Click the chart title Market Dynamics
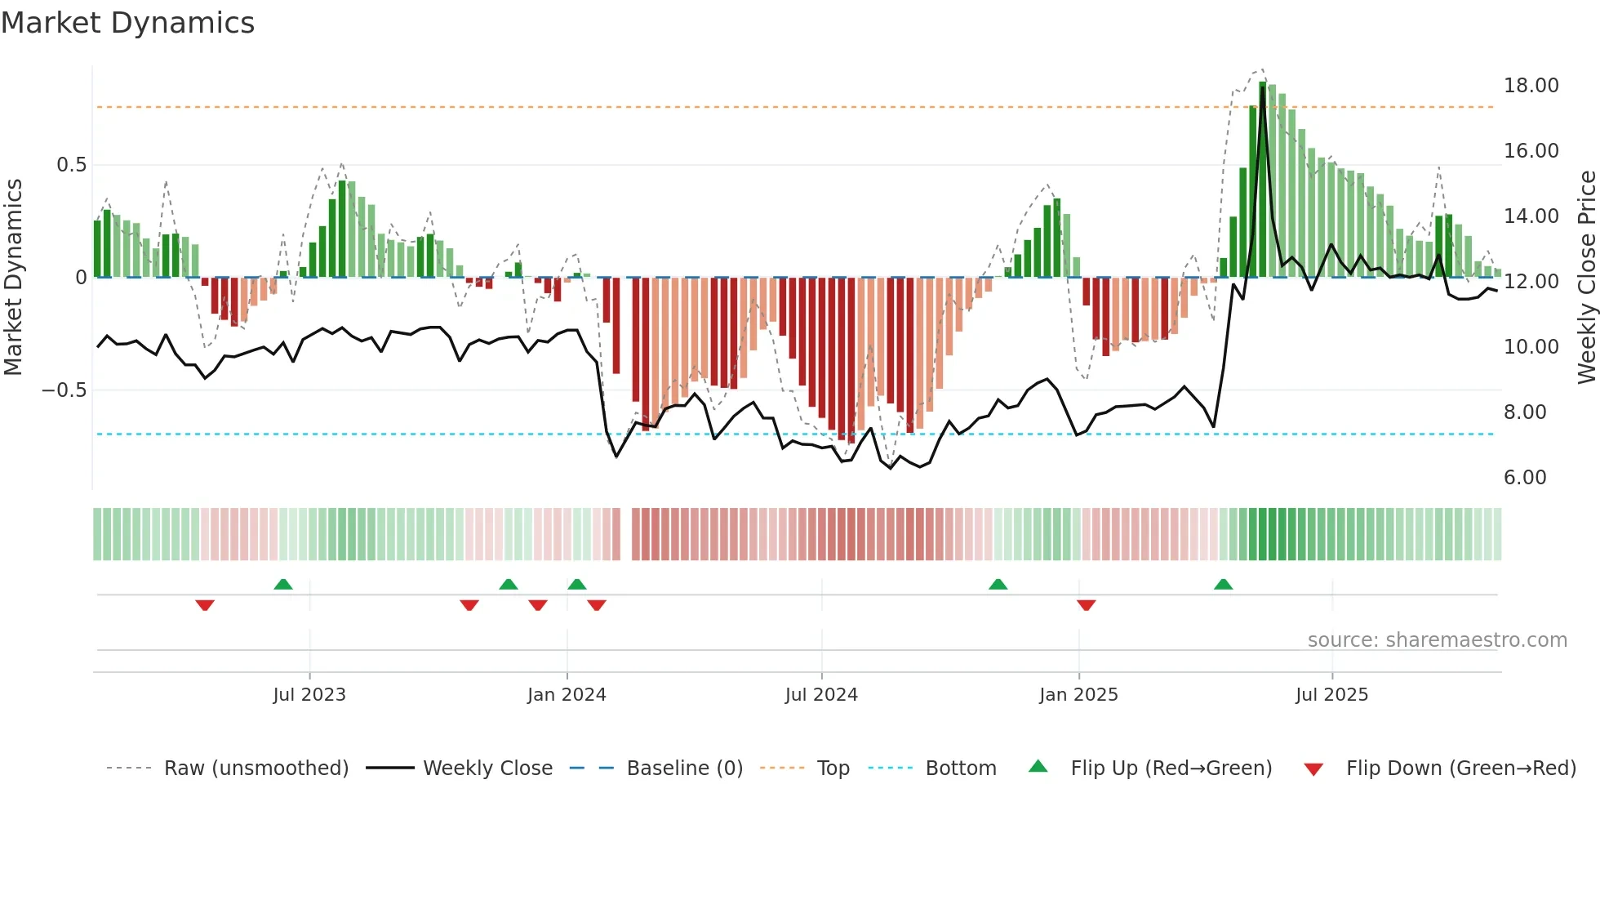127,23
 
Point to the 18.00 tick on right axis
1531,86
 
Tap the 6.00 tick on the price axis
1524,478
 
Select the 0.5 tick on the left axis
71,165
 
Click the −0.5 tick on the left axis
64,390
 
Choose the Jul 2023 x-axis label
309,695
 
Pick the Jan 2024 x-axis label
567,695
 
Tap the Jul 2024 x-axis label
821,695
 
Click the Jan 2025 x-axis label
1078,695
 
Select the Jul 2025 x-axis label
1331,695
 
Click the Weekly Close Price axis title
1586,277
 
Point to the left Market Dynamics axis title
13,277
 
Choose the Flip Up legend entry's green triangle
1038,767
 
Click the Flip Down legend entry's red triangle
1313,769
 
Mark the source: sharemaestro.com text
1437,640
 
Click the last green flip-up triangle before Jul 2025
1223,585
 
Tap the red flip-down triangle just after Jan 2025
1086,605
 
